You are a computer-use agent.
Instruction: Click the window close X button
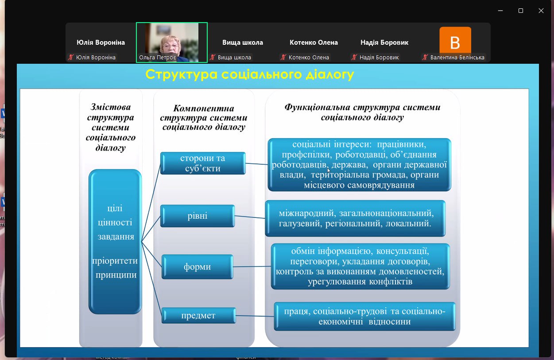tap(541, 11)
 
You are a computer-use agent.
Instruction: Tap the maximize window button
tap(521, 11)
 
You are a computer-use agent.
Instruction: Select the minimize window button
tap(500, 11)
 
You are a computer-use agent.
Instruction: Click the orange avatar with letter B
tap(455, 40)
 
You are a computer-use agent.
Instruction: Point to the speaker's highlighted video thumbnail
tap(172, 42)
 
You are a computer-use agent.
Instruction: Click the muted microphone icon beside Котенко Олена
tap(283, 58)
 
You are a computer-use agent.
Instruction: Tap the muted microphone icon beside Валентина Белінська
tap(425, 58)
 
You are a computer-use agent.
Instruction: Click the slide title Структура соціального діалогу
tap(250, 74)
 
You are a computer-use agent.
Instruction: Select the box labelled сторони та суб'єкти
tap(203, 163)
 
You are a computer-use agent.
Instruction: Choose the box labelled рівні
tap(198, 216)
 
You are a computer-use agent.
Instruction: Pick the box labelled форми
tap(197, 267)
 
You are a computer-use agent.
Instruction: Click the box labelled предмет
tap(198, 315)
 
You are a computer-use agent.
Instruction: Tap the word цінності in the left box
tap(115, 223)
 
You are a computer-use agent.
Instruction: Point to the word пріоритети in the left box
tap(115, 261)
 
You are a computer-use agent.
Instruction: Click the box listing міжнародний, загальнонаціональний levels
tap(355, 218)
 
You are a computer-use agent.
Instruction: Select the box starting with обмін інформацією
tap(360, 266)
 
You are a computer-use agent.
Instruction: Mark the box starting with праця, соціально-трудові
tap(364, 316)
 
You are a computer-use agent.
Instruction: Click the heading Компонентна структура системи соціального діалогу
tap(204, 117)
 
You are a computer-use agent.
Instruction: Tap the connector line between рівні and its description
tap(250, 217)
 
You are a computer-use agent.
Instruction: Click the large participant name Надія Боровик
tap(384, 43)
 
